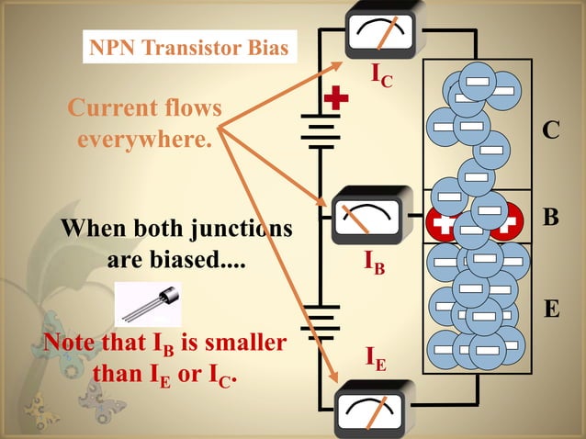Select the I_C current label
[382, 76]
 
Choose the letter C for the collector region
[549, 131]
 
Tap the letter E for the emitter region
[550, 309]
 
